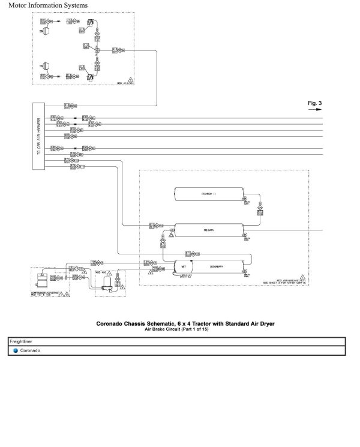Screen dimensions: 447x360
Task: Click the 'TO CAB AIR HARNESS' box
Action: (40, 136)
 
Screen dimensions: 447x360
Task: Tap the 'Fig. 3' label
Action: (314, 104)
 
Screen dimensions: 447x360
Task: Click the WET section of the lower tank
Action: (183, 266)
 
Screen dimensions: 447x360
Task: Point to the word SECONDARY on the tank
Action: (217, 266)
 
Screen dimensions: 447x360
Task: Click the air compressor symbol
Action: (42, 278)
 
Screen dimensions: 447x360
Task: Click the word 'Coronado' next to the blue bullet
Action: (31, 350)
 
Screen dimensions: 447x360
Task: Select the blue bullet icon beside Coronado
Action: (16, 350)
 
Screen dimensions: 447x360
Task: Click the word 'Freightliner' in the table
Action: (22, 341)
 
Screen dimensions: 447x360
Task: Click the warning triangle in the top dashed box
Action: (131, 80)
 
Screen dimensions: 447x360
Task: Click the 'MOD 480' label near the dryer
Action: (100, 272)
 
